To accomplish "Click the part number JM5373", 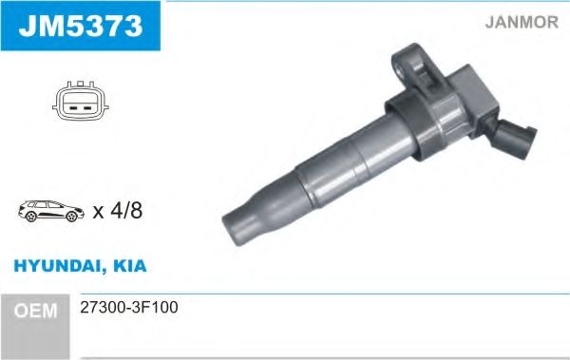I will point(79,26).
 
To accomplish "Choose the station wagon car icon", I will point(50,212).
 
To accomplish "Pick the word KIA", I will point(129,267).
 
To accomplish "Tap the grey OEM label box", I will point(38,309).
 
